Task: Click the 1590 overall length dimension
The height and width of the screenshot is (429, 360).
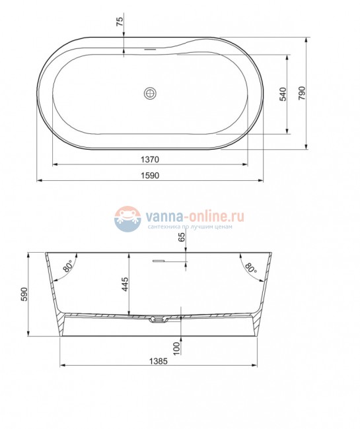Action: pyautogui.click(x=149, y=175)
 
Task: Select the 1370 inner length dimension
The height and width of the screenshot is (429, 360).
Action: pyautogui.click(x=151, y=160)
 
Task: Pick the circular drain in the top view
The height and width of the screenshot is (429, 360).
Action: pyautogui.click(x=151, y=94)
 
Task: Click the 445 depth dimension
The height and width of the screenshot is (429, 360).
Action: pyautogui.click(x=124, y=284)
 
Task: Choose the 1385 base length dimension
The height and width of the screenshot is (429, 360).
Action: pyautogui.click(x=158, y=361)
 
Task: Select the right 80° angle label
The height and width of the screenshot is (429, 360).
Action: pyautogui.click(x=250, y=267)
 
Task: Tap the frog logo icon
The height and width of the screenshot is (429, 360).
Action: pyautogui.click(x=127, y=219)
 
